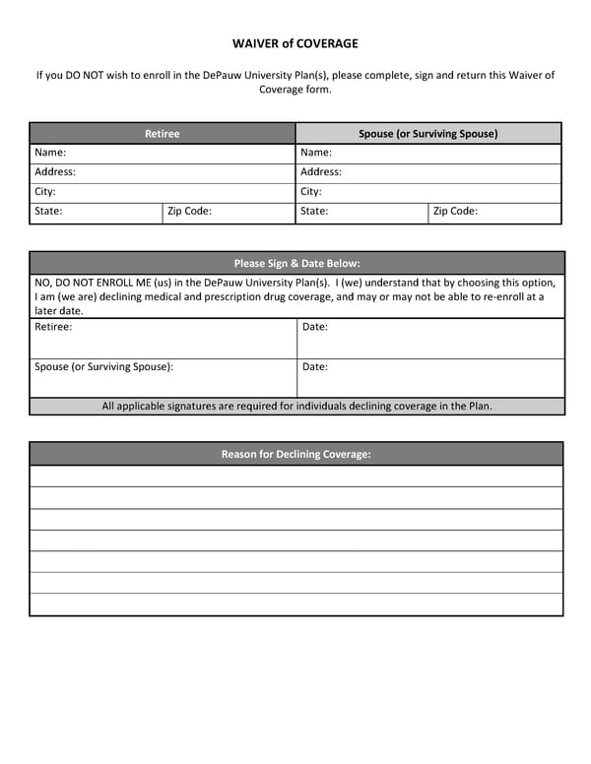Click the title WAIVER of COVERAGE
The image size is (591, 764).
pyautogui.click(x=295, y=43)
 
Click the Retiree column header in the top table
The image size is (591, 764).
pyautogui.click(x=163, y=133)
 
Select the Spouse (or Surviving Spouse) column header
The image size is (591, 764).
pyautogui.click(x=427, y=133)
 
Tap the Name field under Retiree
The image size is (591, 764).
pyautogui.click(x=163, y=154)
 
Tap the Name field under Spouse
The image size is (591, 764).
pyautogui.click(x=427, y=154)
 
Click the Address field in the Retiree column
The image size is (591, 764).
pyautogui.click(x=163, y=172)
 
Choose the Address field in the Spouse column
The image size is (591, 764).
pyautogui.click(x=427, y=172)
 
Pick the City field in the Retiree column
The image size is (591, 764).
pyautogui.click(x=163, y=192)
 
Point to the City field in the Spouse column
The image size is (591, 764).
pyautogui.click(x=427, y=192)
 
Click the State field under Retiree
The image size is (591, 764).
pyautogui.click(x=96, y=212)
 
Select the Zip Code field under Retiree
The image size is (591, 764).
pyautogui.click(x=229, y=212)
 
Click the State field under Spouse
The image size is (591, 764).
pyautogui.click(x=361, y=212)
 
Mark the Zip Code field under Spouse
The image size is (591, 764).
pyautogui.click(x=494, y=212)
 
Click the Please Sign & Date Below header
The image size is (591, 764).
pyautogui.click(x=296, y=263)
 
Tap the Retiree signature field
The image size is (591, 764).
pyautogui.click(x=164, y=339)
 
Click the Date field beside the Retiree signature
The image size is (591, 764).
pyautogui.click(x=430, y=339)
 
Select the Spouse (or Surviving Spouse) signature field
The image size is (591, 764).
pyautogui.click(x=164, y=378)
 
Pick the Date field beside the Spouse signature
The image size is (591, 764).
pyautogui.click(x=430, y=378)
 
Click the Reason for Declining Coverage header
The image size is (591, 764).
pyautogui.click(x=296, y=454)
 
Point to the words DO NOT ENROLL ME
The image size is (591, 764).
pyautogui.click(x=102, y=283)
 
